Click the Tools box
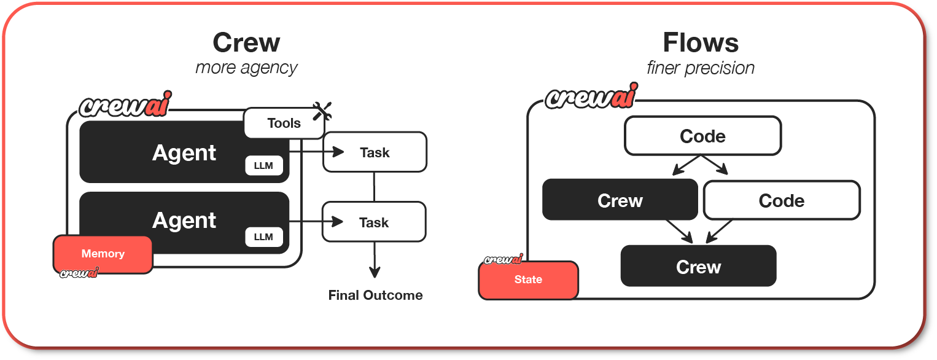click(x=284, y=123)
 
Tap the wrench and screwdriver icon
click(x=322, y=111)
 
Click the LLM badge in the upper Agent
click(x=263, y=166)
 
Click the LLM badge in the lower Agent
click(x=263, y=237)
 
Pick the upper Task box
click(x=375, y=152)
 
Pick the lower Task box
click(x=374, y=222)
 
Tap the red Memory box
click(x=103, y=254)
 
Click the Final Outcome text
click(x=375, y=295)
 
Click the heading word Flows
click(x=701, y=42)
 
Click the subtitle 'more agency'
click(x=246, y=67)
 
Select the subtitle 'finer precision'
click(x=701, y=67)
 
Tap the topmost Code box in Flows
click(x=702, y=136)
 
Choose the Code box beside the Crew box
click(x=781, y=200)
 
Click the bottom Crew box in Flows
click(x=698, y=267)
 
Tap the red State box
click(x=528, y=280)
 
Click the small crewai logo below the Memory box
click(x=79, y=273)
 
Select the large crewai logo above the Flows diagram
click(x=591, y=97)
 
